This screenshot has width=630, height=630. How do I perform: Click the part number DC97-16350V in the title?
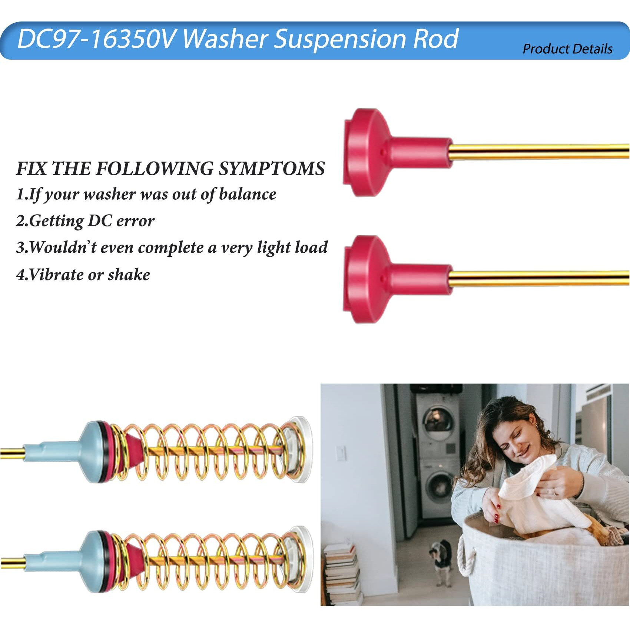click(x=96, y=39)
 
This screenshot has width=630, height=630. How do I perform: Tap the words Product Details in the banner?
click(x=567, y=49)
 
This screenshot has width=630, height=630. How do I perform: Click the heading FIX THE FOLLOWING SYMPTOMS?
click(x=170, y=169)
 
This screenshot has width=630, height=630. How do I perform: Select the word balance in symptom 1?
click(x=248, y=194)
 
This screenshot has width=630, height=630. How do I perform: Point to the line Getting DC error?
click(x=85, y=221)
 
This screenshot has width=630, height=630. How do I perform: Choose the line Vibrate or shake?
click(x=83, y=275)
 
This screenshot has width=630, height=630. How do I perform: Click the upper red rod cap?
click(x=397, y=152)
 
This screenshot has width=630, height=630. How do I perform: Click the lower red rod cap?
click(x=397, y=279)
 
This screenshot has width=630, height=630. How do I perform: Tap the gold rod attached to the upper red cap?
click(x=539, y=152)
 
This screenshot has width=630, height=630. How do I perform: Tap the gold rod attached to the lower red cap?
click(x=539, y=278)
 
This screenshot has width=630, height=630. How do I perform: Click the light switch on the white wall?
click(x=341, y=453)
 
